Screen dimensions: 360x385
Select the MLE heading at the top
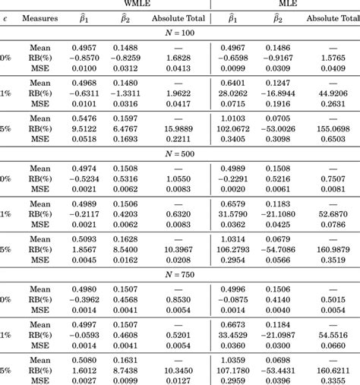tap(285, 4)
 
